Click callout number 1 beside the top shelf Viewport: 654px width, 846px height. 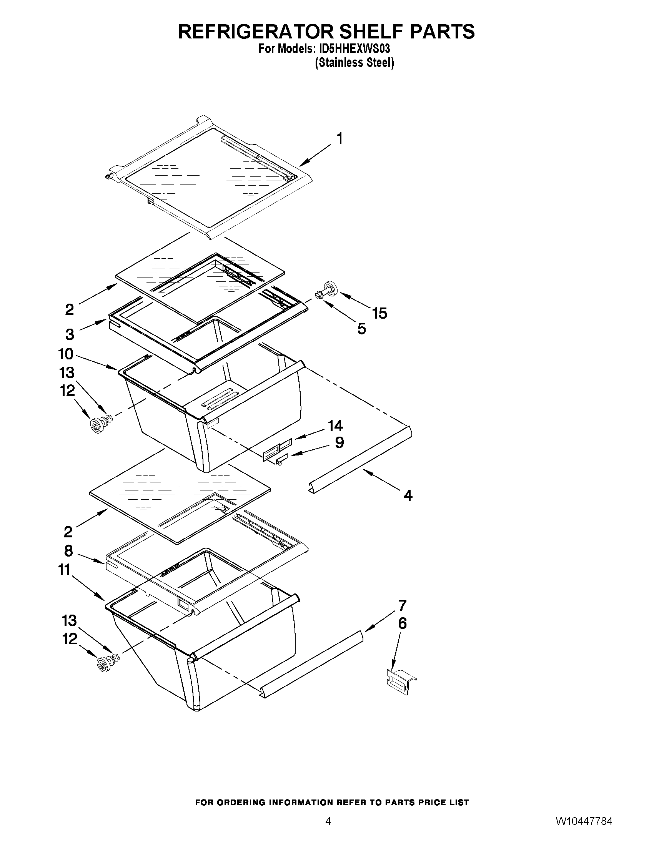coord(339,139)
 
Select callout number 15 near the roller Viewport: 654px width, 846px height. coord(380,313)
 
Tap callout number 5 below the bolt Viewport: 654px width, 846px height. coord(361,329)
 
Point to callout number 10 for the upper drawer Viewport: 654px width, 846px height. coord(66,354)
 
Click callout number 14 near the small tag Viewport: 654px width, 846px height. coord(335,426)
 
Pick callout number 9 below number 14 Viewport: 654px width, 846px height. coord(339,442)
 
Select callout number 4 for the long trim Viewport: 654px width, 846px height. coord(408,495)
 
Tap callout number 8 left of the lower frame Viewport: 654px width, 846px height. coord(68,550)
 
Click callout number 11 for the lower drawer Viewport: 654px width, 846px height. coord(65,570)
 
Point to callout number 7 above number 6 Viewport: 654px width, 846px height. coord(402,605)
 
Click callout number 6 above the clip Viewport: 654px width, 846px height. coord(403,623)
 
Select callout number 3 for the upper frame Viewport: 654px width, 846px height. coord(69,334)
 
